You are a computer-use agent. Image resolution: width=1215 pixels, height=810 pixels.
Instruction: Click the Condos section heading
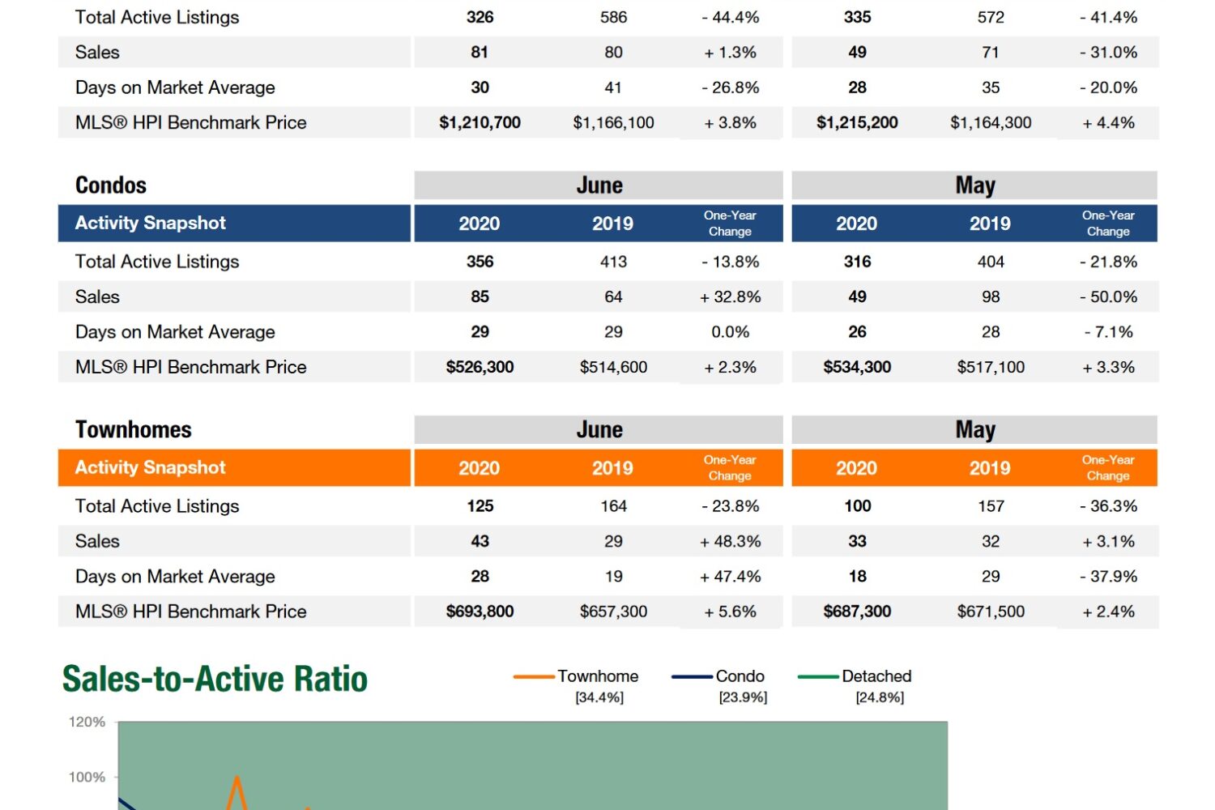point(111,185)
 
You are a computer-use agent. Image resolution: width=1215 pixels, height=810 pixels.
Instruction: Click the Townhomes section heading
point(134,429)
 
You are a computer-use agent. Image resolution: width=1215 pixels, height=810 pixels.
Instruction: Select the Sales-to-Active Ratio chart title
point(215,679)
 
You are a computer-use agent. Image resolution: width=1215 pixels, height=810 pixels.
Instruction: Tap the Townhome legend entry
point(597,676)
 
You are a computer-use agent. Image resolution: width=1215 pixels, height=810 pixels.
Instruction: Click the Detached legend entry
point(876,676)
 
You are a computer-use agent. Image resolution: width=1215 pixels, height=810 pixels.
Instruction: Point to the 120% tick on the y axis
point(87,722)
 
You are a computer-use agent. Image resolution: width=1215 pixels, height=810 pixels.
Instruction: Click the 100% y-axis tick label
point(87,777)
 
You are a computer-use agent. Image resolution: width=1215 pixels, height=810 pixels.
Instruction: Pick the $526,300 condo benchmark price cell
point(480,367)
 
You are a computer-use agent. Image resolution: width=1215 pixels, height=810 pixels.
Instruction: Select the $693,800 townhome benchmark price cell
point(480,612)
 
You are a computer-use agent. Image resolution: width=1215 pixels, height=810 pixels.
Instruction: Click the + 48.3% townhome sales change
point(731,541)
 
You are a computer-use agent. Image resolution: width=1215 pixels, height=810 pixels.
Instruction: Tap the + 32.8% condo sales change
point(731,296)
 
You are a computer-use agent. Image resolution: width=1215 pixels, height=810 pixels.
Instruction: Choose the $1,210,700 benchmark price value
point(480,122)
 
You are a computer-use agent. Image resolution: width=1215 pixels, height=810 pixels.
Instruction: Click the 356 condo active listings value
point(480,262)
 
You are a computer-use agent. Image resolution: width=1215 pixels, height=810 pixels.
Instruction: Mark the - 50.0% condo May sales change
point(1109,296)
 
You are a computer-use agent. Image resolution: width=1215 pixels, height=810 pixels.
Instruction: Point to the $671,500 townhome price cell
point(991,612)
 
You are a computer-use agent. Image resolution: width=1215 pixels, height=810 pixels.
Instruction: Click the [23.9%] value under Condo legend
point(743,697)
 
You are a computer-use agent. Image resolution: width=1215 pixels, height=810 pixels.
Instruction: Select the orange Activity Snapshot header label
point(151,467)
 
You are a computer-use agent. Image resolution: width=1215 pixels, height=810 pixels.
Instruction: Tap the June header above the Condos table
point(599,185)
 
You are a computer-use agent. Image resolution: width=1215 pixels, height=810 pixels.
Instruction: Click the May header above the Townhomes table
point(975,429)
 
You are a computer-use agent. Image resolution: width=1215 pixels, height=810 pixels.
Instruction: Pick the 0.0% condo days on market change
point(731,332)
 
